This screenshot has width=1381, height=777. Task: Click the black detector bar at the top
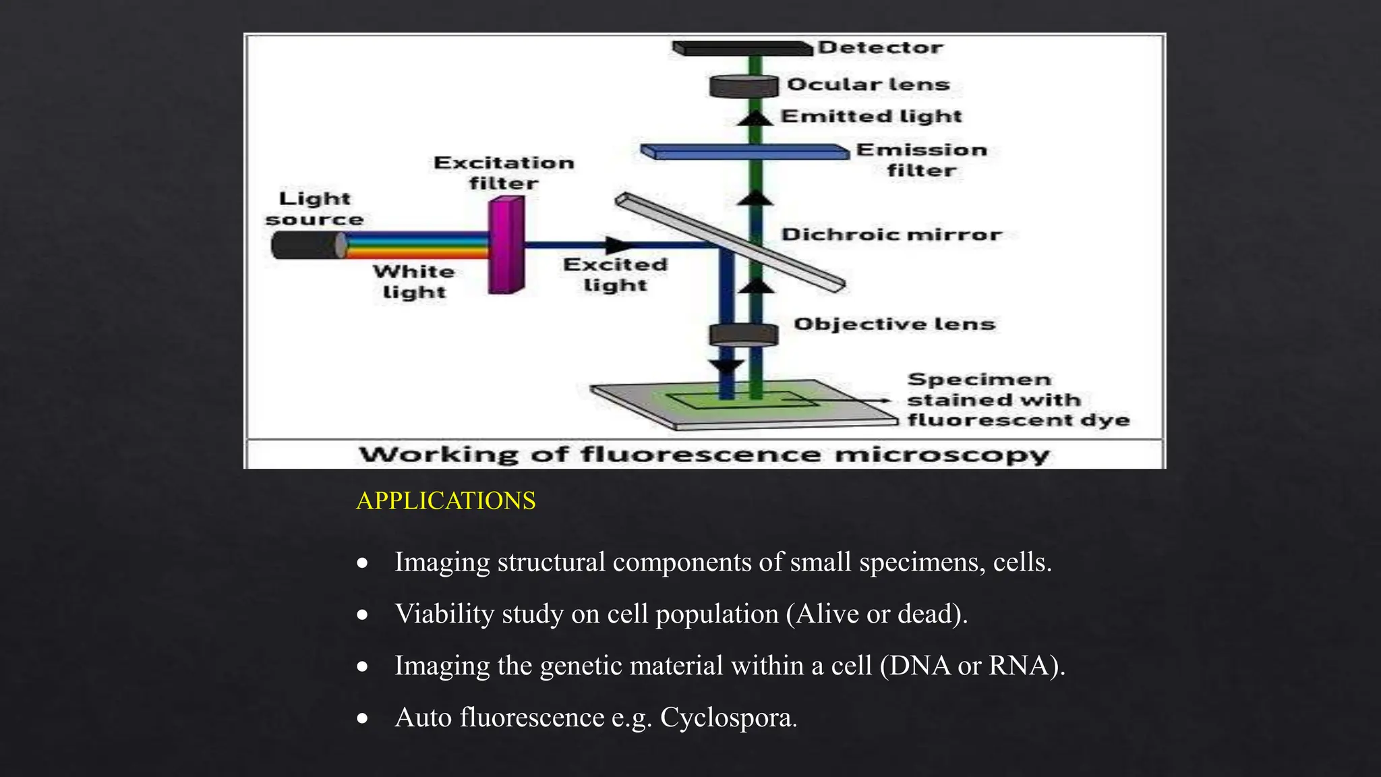tap(742, 49)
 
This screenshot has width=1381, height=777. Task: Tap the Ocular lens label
tap(869, 85)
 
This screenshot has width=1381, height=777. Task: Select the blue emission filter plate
tap(745, 152)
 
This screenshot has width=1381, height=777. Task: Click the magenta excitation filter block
tap(506, 245)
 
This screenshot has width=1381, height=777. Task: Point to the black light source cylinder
tap(307, 246)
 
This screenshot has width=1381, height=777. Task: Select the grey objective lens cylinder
tap(743, 335)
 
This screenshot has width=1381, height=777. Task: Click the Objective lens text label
tap(894, 324)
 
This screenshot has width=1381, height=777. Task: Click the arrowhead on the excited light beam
tap(616, 246)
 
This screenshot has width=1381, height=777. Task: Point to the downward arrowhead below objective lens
tap(727, 367)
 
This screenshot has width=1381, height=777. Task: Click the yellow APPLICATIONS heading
tap(446, 501)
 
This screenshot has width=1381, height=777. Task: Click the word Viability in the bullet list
tap(444, 614)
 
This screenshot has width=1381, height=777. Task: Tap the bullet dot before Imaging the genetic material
tap(363, 667)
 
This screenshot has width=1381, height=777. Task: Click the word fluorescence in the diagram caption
tap(700, 455)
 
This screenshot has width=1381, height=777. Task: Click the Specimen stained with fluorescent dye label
tap(1017, 400)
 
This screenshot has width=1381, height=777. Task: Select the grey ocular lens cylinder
tap(743, 86)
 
